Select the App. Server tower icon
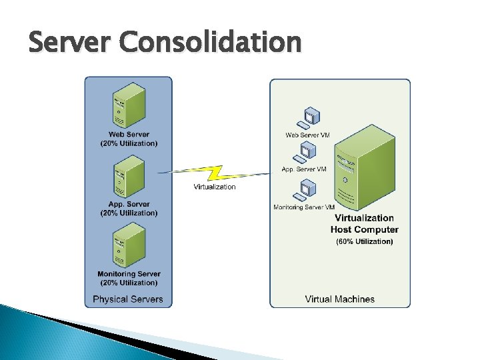point(129,176)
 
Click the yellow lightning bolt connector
point(215,173)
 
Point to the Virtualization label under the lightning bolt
point(215,187)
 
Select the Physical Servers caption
point(128,299)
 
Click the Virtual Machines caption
point(340,299)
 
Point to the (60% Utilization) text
point(365,241)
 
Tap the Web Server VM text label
point(307,135)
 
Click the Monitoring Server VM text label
point(304,207)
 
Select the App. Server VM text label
point(304,169)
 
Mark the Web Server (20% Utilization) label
point(129,139)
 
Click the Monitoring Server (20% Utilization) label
point(129,278)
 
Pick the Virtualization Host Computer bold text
point(364,223)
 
